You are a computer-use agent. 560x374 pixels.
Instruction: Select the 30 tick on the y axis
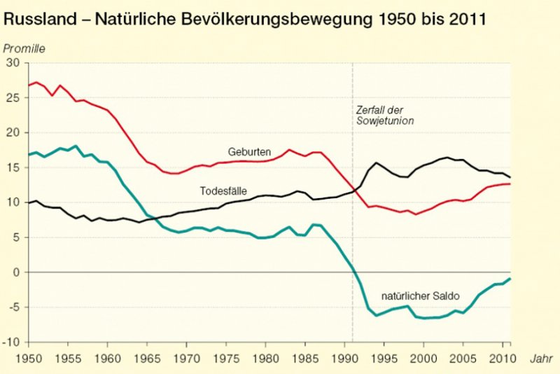coord(13,62)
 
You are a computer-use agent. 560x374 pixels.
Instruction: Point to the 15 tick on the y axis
coord(13,167)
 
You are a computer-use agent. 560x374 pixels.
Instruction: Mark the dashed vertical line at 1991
coord(353,210)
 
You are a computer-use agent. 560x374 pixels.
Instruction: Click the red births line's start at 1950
coord(29,85)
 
